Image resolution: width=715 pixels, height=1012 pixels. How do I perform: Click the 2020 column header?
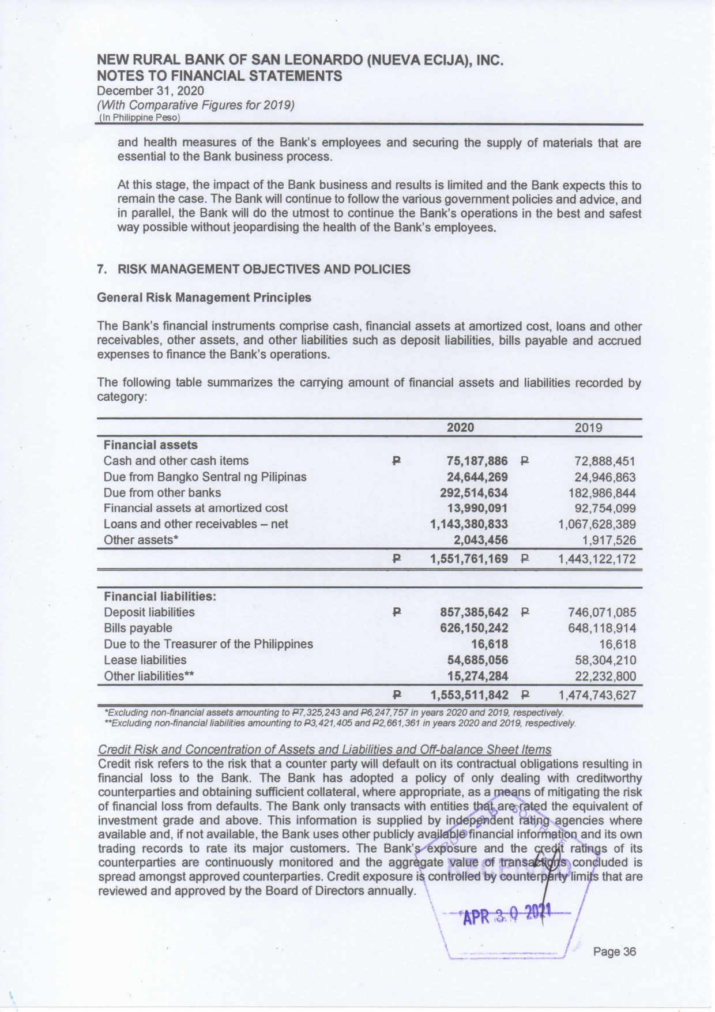[460, 427]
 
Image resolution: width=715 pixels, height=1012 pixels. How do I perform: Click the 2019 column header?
[588, 427]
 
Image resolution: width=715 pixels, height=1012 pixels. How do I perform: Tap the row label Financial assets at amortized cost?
[195, 508]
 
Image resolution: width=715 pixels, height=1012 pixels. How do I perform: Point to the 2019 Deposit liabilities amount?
[602, 612]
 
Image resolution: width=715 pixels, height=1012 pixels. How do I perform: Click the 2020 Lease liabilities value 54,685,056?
[477, 660]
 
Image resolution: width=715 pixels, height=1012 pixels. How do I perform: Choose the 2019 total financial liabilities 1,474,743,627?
[597, 695]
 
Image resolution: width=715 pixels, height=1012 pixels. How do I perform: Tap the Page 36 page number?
[614, 951]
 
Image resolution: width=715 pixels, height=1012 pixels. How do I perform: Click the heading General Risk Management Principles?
[204, 298]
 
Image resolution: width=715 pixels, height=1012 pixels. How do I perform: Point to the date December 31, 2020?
[150, 91]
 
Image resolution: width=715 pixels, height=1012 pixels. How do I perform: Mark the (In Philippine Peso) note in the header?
[139, 118]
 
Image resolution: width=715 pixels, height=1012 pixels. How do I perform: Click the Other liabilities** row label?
[148, 676]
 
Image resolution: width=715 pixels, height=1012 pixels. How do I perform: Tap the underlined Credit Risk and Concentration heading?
[325, 750]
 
